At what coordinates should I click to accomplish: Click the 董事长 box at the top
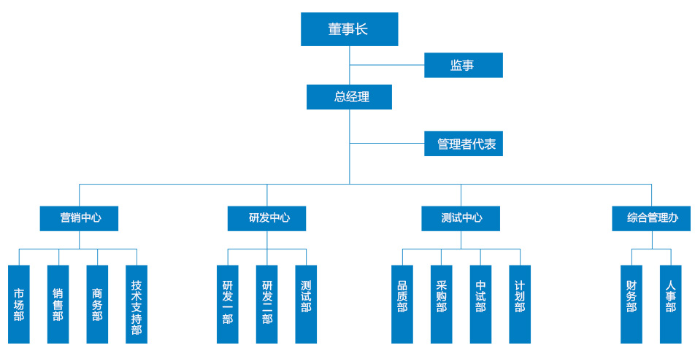(x=349, y=29)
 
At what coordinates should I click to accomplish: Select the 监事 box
(x=464, y=65)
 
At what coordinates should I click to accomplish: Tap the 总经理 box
(x=349, y=97)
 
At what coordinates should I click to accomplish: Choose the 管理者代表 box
(x=464, y=144)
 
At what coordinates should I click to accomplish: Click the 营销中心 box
(x=79, y=218)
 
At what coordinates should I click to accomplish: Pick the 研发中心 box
(x=266, y=218)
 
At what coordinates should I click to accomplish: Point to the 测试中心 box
(x=461, y=218)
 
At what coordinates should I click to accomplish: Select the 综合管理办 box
(x=651, y=218)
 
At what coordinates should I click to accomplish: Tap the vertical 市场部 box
(x=19, y=304)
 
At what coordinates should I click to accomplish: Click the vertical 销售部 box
(x=58, y=304)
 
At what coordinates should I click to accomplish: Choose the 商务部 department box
(x=97, y=304)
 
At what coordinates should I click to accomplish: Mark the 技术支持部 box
(x=137, y=304)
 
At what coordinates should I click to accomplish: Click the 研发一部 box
(x=228, y=304)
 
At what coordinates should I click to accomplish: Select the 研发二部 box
(x=267, y=304)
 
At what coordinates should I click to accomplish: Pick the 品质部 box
(x=402, y=304)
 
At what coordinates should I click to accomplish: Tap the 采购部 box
(x=442, y=304)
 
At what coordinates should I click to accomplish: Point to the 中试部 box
(x=480, y=304)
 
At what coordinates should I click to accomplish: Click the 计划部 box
(x=520, y=304)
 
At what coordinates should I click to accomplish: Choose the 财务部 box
(x=631, y=304)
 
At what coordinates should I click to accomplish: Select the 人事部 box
(x=671, y=304)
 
